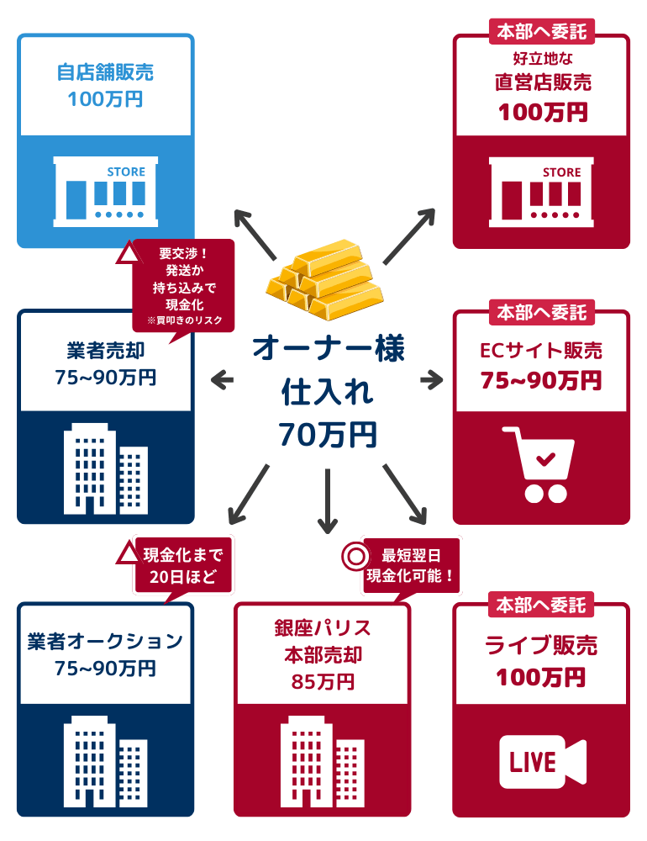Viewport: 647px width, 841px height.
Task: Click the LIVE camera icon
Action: tap(541, 762)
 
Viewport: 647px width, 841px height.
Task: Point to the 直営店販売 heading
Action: tap(542, 82)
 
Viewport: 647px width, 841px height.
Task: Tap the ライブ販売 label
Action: tap(542, 646)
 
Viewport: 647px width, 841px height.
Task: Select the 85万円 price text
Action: tap(323, 681)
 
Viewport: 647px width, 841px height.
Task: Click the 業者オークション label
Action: tap(106, 642)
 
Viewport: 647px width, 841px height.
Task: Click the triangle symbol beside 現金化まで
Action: tap(126, 553)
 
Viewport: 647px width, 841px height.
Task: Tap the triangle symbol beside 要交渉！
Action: tap(128, 253)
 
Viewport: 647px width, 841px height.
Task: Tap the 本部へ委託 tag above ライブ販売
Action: tap(541, 605)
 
